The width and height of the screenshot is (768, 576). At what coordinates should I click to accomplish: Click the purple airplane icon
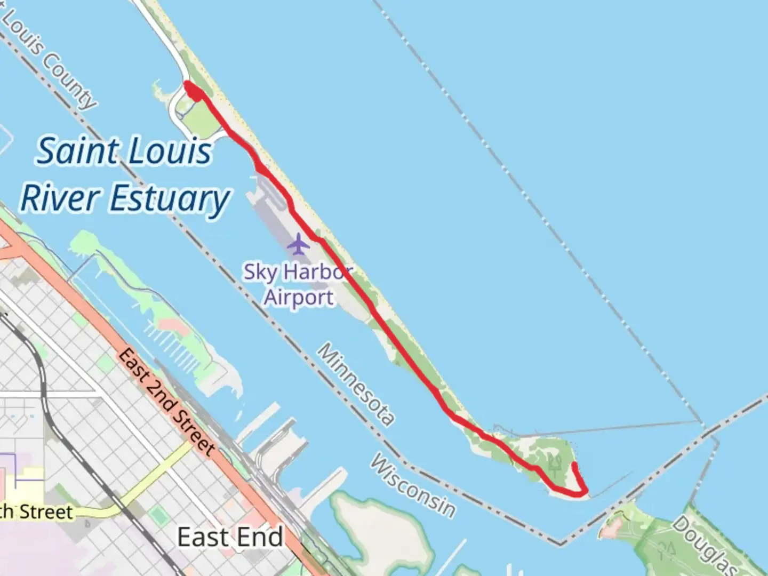[x=298, y=244]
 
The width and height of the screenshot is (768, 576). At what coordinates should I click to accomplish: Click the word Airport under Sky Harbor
[x=299, y=297]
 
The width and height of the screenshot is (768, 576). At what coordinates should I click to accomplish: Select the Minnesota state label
[x=356, y=384]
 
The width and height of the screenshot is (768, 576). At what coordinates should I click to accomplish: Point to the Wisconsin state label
[x=413, y=486]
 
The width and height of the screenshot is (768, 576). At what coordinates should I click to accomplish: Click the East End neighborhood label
[x=230, y=537]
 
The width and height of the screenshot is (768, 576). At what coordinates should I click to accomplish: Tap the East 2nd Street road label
[x=166, y=401]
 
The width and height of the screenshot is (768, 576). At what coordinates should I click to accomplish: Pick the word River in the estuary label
[x=60, y=198]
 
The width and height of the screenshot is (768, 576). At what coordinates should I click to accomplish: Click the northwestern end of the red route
[x=188, y=84]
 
